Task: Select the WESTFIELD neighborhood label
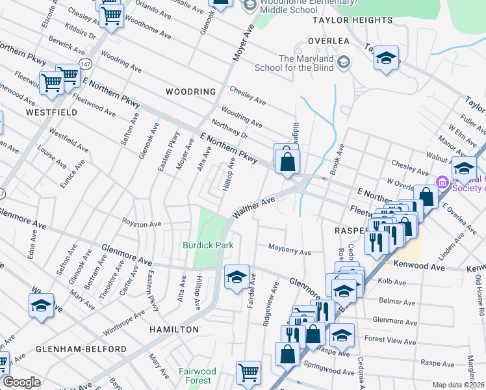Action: click(51, 112)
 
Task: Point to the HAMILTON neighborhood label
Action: click(174, 330)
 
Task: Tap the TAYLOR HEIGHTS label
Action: click(352, 20)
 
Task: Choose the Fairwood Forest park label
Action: click(198, 376)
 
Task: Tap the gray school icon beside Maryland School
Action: click(344, 62)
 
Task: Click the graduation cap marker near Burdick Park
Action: click(237, 277)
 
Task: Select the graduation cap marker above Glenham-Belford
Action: click(41, 305)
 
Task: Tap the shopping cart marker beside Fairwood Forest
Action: click(248, 372)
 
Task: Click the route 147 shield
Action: click(86, 64)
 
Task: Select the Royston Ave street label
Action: click(142, 224)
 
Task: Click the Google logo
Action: click(21, 382)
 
